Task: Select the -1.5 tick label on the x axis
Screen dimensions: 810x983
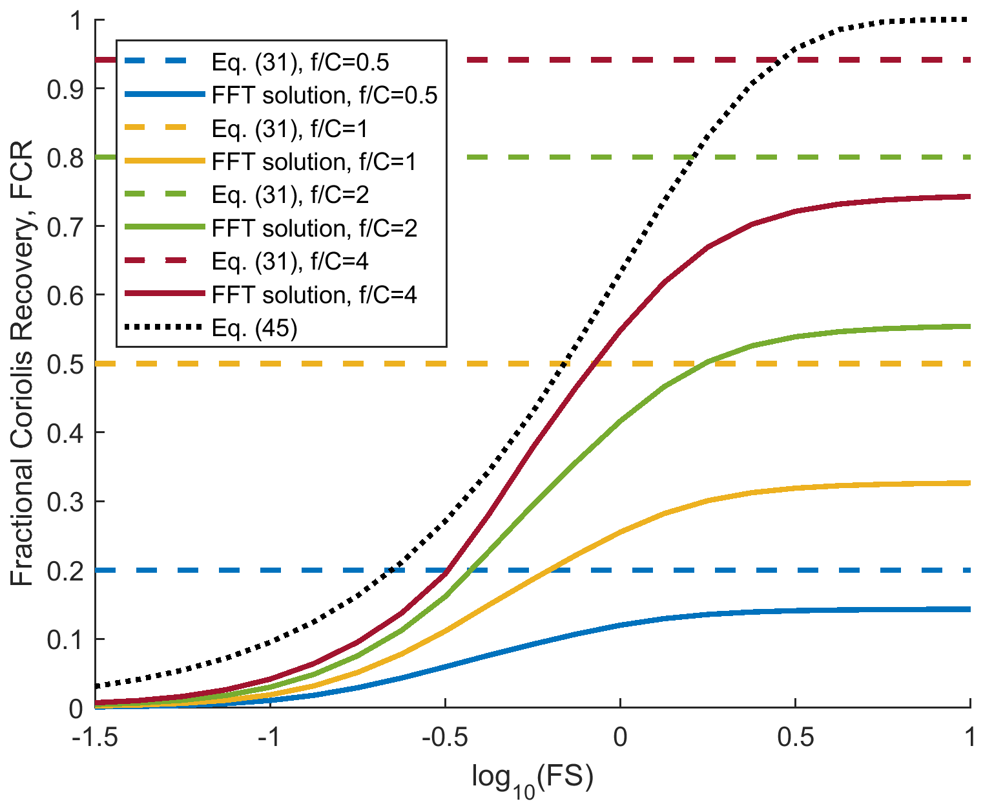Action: click(x=96, y=738)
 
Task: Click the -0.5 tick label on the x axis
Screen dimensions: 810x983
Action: click(x=445, y=738)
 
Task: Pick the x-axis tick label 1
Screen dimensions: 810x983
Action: click(x=969, y=738)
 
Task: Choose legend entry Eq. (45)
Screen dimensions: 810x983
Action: click(x=254, y=328)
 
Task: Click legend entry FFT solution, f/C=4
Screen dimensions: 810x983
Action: click(x=314, y=295)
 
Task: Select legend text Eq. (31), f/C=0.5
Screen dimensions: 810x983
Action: click(x=300, y=62)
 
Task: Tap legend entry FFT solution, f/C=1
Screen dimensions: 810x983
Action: click(x=314, y=161)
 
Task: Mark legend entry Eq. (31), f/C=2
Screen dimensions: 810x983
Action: click(x=290, y=195)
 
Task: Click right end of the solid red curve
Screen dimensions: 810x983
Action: click(x=970, y=197)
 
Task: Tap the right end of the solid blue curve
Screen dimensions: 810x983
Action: click(x=970, y=609)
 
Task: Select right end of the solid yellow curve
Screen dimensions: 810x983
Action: click(x=970, y=483)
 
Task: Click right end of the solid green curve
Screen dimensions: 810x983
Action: click(x=970, y=326)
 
